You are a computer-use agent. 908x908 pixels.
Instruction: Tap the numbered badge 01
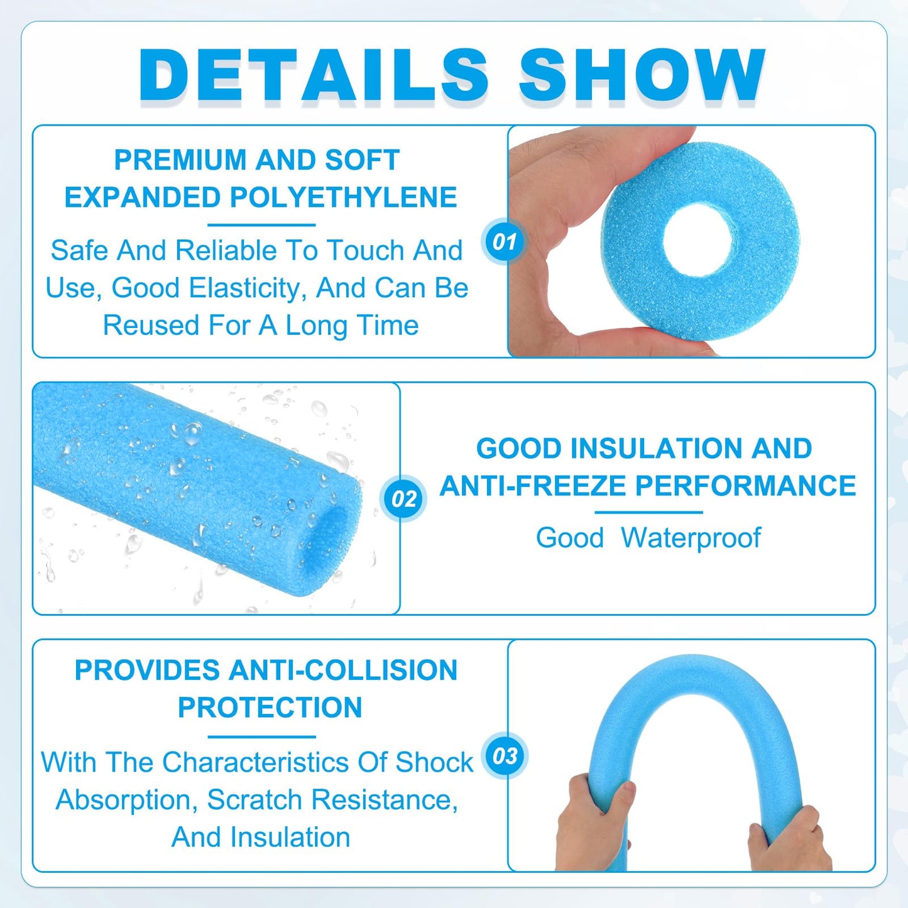(504, 242)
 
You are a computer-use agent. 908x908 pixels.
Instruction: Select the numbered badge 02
(403, 499)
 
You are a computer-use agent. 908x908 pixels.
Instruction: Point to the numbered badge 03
(505, 756)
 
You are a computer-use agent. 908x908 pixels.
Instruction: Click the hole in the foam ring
(697, 241)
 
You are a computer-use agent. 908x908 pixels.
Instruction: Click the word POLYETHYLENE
(343, 197)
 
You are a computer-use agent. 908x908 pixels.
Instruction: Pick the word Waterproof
(691, 538)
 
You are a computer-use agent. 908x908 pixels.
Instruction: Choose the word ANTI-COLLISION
(342, 670)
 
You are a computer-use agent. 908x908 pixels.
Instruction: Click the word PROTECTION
(270, 708)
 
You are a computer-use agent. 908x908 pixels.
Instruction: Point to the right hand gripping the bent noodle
(789, 839)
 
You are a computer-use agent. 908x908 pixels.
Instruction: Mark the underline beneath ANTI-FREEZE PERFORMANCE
(648, 513)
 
